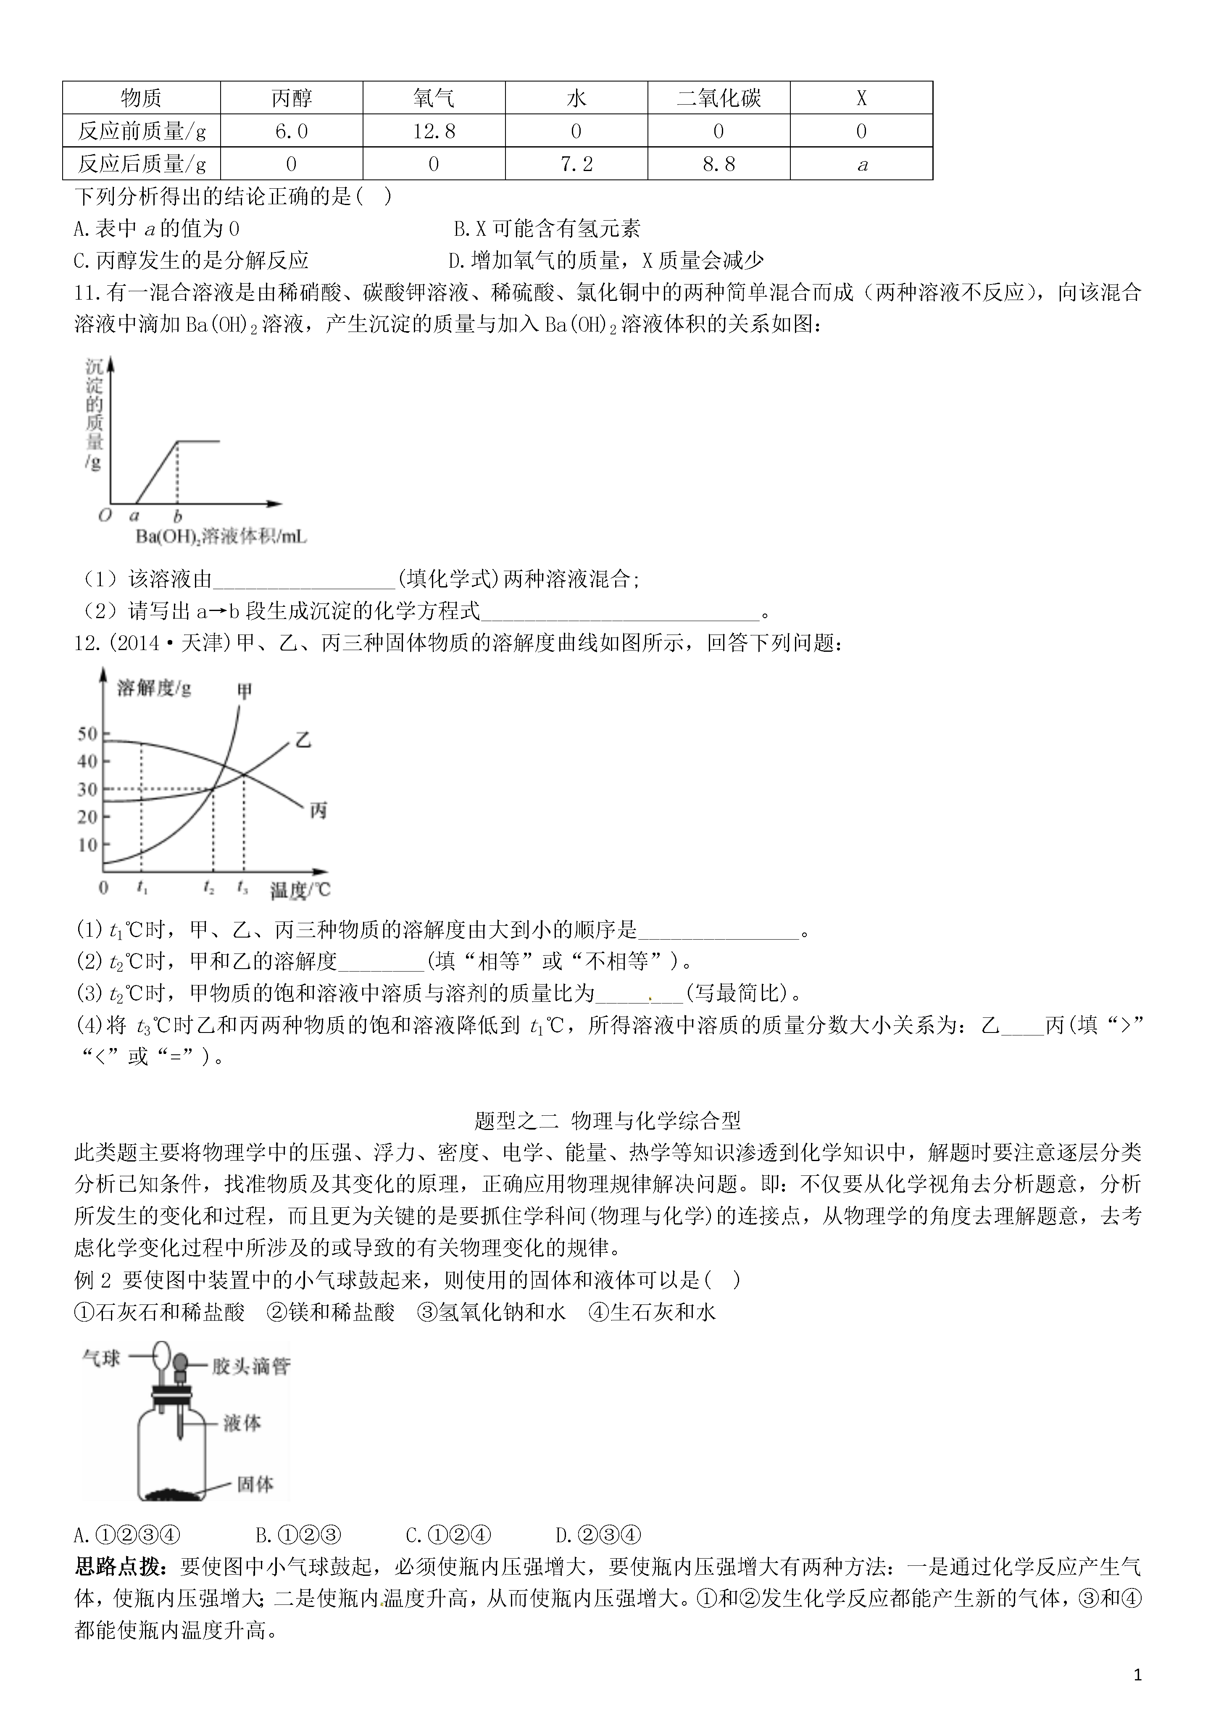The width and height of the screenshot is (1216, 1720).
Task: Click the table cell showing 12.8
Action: [434, 131]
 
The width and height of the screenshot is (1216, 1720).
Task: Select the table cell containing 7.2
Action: [576, 164]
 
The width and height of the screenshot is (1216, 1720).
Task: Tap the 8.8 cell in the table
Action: [719, 164]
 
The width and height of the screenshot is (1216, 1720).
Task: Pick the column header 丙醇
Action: [292, 98]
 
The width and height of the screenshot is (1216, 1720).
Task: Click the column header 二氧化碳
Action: [719, 98]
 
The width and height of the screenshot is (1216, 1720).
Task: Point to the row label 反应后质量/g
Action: [142, 164]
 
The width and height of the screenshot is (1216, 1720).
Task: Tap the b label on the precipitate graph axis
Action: [178, 516]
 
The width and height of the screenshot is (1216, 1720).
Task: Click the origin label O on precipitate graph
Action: [105, 515]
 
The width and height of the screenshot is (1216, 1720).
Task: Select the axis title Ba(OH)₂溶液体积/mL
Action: [221, 536]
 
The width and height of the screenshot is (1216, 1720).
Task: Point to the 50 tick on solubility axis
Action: [88, 733]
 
